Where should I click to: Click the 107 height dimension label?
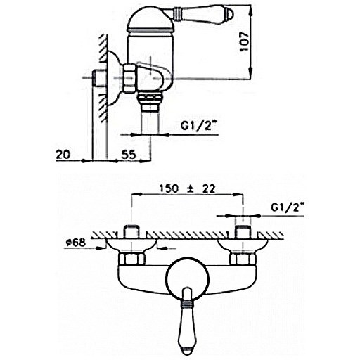245,41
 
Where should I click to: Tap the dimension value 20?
63,155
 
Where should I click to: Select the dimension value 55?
129,155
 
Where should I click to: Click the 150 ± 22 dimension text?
187,188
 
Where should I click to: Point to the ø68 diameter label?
75,243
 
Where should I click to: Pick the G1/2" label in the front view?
288,207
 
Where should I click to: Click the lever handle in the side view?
203,13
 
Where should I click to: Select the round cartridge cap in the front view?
187,280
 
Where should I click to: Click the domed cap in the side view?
151,20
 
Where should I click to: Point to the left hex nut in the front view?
131,259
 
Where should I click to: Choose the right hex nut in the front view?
243,259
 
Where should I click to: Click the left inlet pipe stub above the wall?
131,231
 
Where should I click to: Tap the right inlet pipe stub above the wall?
243,231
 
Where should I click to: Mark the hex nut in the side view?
129,78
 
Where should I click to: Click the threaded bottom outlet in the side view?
150,101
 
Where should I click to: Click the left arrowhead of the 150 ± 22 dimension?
137,194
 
